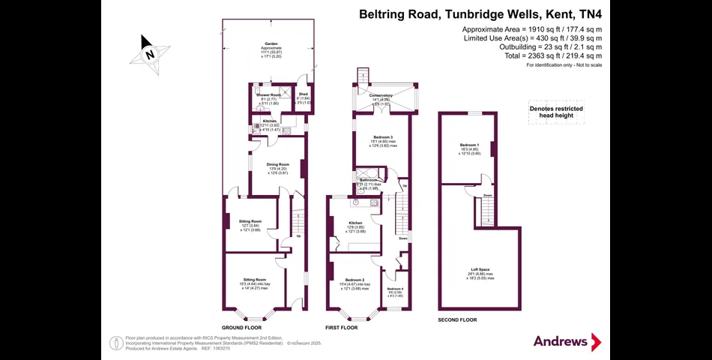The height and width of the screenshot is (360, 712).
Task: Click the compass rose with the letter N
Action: pos(150,54)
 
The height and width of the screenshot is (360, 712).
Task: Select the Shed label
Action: pos(303,94)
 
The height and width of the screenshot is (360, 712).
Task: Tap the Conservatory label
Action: pos(381,95)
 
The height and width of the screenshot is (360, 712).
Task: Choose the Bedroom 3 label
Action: pos(383,136)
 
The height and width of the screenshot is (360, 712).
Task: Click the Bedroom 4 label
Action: pos(394,289)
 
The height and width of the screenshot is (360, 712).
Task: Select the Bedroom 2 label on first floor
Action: pos(353,279)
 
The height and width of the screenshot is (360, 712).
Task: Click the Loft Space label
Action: pos(480,269)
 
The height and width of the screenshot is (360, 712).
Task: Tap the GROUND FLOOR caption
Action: pos(242,328)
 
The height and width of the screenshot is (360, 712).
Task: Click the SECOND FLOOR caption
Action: pos(457,320)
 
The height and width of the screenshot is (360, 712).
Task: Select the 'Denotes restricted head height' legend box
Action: pos(556,111)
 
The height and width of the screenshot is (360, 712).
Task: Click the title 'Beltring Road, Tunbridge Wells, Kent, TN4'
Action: pos(480,13)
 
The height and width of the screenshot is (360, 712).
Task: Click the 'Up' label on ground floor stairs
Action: pos(299,237)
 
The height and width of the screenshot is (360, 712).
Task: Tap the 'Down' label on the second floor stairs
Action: pos(488,196)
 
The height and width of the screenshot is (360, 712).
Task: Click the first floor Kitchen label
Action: pos(355,223)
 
